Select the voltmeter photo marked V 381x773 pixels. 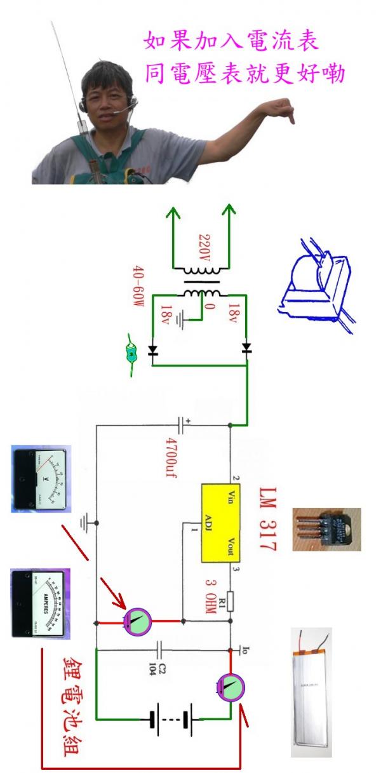41,479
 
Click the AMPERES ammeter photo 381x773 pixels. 41,603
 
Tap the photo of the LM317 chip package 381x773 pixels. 326,528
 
